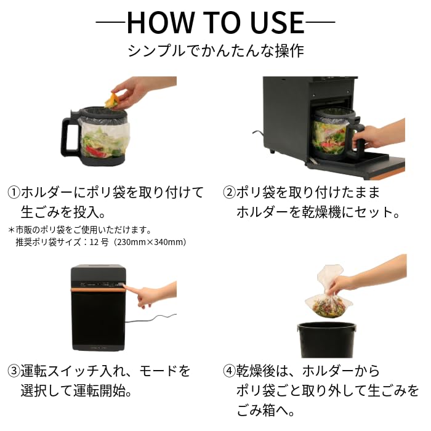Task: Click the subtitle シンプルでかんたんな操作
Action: pyautogui.click(x=216, y=50)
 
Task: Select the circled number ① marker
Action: pyautogui.click(x=14, y=193)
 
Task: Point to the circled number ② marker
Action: pyautogui.click(x=229, y=193)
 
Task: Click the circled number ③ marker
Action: pyautogui.click(x=14, y=371)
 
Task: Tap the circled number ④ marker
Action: pyautogui.click(x=229, y=371)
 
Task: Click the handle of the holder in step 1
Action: pyautogui.click(x=69, y=135)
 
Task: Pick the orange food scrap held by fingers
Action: pyautogui.click(x=113, y=100)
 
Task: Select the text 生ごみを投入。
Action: pyautogui.click(x=64, y=212)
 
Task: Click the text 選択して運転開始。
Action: pyautogui.click(x=78, y=391)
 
